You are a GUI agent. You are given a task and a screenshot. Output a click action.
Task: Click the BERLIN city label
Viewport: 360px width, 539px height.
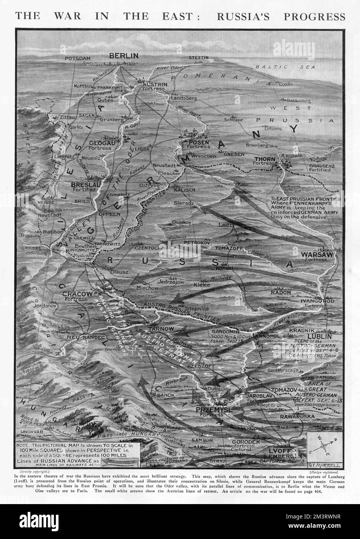pos(124,56)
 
